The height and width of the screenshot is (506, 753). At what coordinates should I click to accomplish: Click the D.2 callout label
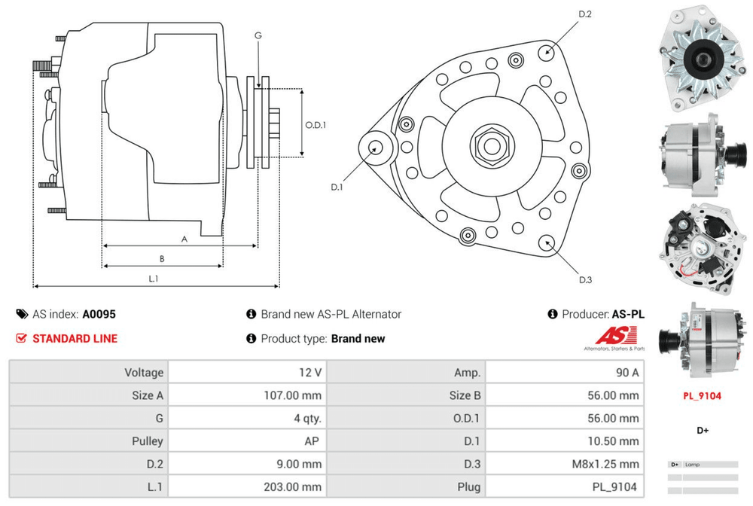585,14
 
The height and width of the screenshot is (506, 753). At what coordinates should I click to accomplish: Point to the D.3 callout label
585,280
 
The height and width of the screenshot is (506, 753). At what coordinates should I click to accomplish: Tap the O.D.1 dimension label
316,125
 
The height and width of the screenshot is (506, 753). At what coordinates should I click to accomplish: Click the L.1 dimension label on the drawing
153,279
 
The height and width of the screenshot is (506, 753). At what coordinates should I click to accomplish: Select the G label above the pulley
258,35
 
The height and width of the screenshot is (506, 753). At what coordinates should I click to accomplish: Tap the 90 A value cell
629,373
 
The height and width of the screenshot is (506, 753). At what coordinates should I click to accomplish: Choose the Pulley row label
146,441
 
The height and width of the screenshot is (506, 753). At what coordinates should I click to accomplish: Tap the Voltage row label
142,373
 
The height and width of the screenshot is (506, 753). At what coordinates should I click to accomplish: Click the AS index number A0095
99,315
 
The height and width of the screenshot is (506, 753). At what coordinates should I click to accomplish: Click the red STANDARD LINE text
75,339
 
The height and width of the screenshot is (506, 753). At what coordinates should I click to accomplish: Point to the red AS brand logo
616,336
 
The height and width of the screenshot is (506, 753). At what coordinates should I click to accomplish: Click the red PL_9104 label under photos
702,395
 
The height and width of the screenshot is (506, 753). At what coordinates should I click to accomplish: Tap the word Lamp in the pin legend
693,465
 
